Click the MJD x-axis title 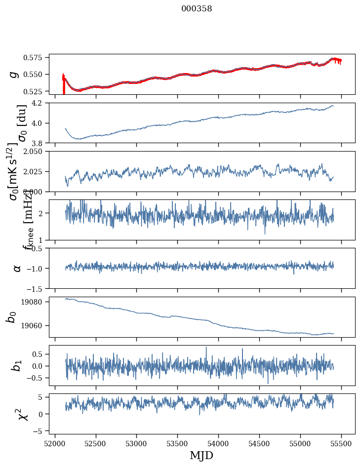pyautogui.click(x=201, y=455)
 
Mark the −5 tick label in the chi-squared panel pyautogui.click(x=41, y=431)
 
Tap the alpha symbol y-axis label pyautogui.click(x=17, y=268)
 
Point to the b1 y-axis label pyautogui.click(x=17, y=365)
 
